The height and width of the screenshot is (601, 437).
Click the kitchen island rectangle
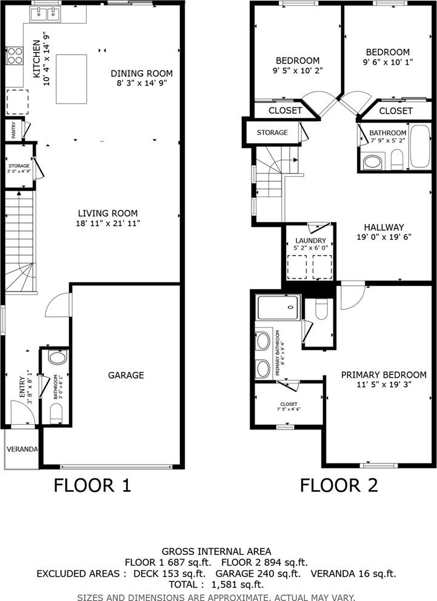point(72,79)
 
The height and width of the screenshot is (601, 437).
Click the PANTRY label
point(14,130)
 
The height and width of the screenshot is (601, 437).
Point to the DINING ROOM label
point(142,73)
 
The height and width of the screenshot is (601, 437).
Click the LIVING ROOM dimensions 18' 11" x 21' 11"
point(108,223)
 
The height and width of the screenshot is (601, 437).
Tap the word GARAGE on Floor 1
point(126,375)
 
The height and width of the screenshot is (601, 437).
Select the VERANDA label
point(22,449)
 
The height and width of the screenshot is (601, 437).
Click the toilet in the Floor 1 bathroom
point(56,414)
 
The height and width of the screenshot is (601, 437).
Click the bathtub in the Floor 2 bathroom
point(420,146)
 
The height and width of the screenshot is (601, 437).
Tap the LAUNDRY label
point(310,241)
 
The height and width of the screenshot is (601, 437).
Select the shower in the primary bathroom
point(278,307)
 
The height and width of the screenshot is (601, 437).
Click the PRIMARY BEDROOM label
point(384,374)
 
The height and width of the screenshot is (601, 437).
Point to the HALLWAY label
point(384,227)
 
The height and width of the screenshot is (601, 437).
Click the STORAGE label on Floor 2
point(272,132)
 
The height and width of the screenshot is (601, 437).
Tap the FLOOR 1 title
point(92,485)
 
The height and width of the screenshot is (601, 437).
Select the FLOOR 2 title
point(339,485)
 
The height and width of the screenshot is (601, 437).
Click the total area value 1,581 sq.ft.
point(238,585)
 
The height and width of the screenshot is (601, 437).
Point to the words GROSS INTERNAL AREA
point(216,551)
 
